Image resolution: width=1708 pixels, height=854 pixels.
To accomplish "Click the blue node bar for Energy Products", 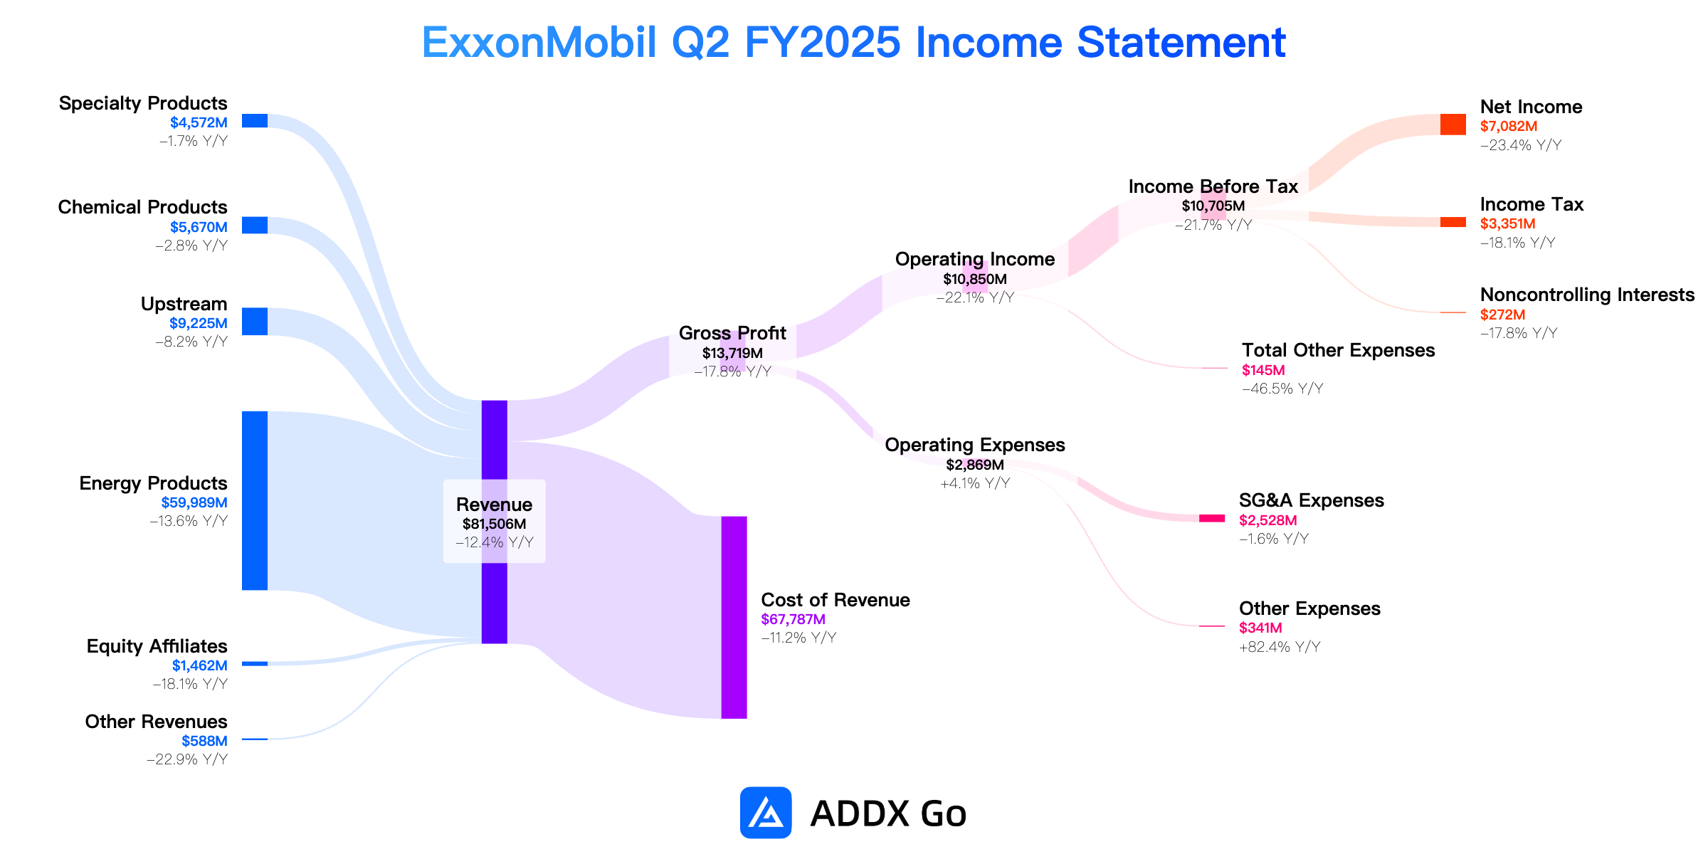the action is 255,500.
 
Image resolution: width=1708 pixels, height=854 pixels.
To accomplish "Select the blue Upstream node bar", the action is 255,321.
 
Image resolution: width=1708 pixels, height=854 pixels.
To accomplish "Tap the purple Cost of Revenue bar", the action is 734,617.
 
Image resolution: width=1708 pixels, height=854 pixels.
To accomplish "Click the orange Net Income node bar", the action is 1453,124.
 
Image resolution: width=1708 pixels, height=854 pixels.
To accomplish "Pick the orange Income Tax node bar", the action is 1453,222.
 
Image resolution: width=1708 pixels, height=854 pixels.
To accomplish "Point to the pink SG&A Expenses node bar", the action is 1212,518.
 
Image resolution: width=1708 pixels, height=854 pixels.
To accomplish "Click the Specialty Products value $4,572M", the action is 199,122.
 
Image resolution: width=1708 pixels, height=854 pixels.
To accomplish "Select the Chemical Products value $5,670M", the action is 199,227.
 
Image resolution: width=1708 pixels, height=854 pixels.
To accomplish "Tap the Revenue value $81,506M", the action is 495,524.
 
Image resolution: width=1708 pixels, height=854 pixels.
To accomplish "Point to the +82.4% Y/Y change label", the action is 1280,647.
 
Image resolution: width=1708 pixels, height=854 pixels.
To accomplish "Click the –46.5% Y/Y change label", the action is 1282,389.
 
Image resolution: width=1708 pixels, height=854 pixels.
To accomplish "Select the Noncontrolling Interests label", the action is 1587,295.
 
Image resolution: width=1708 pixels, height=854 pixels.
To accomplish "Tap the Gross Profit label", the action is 732,333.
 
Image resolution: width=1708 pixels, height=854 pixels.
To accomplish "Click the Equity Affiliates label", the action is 157,646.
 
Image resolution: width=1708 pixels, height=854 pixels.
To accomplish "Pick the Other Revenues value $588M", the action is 205,741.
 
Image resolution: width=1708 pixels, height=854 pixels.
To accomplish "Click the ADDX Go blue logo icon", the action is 766,813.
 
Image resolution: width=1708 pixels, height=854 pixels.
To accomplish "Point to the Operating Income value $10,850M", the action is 975,279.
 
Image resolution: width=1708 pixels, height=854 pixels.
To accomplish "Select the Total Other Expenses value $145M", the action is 1263,370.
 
